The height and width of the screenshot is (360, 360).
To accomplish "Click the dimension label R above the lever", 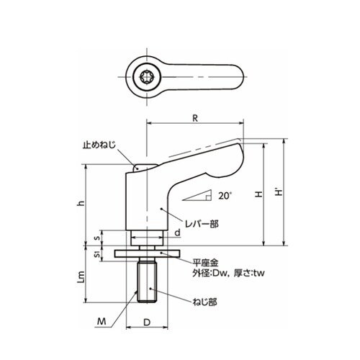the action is tap(195, 118).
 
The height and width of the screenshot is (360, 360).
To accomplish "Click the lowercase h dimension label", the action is tap(82, 203).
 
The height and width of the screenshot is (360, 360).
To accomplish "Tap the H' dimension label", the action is tap(279, 192).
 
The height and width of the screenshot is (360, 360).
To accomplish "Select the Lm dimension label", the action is tap(81, 277).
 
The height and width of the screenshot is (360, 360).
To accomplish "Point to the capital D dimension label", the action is tap(147, 323).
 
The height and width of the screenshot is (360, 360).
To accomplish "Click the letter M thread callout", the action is tap(102, 321).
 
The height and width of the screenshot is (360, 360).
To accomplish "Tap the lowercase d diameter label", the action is tap(177, 233).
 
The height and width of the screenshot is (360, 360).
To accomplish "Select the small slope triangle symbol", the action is tap(197, 195).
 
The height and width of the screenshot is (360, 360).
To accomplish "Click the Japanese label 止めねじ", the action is tap(99, 145).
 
